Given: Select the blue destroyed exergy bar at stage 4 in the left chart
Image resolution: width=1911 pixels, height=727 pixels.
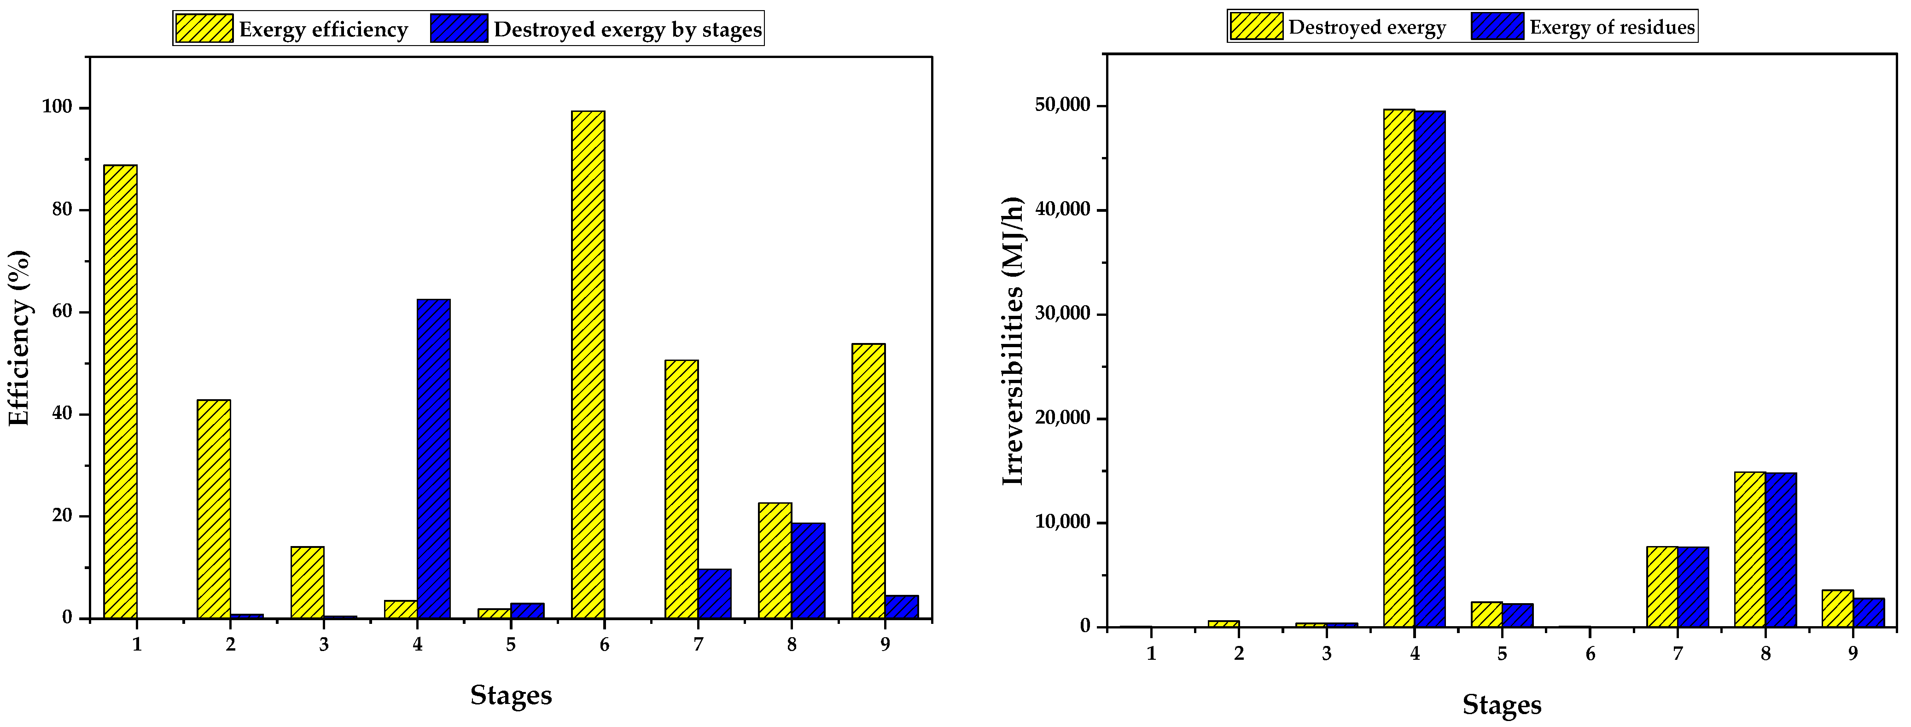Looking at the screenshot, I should pos(433,459).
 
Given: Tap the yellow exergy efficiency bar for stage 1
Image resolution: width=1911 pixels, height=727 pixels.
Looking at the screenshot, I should pos(120,391).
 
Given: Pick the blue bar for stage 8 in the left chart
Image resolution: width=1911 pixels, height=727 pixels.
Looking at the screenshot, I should pos(808,570).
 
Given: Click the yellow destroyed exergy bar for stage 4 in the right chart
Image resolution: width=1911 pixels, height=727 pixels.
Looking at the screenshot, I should pos(1399,367).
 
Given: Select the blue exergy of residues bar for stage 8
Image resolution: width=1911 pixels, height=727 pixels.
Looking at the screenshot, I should pos(1780,549).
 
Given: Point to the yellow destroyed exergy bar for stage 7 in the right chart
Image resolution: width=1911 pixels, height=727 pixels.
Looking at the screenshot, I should pos(1662,586).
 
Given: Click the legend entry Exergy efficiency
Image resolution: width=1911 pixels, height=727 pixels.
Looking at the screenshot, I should pos(323,29).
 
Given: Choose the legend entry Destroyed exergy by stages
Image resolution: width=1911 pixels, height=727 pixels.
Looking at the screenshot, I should pos(627,29).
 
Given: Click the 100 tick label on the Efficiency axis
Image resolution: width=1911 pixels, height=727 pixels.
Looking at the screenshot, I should pos(58,108).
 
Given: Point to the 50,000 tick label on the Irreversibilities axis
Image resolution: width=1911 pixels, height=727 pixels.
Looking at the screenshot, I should pos(1062,105).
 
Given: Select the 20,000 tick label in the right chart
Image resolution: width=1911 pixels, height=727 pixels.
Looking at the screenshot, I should pos(1062,419).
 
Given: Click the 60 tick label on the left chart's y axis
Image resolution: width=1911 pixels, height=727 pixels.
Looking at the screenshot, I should pos(62,312).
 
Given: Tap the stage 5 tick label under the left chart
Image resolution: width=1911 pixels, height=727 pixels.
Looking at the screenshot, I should pos(510,645).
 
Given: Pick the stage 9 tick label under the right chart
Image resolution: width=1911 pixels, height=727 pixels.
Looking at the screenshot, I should pos(1853,653).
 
